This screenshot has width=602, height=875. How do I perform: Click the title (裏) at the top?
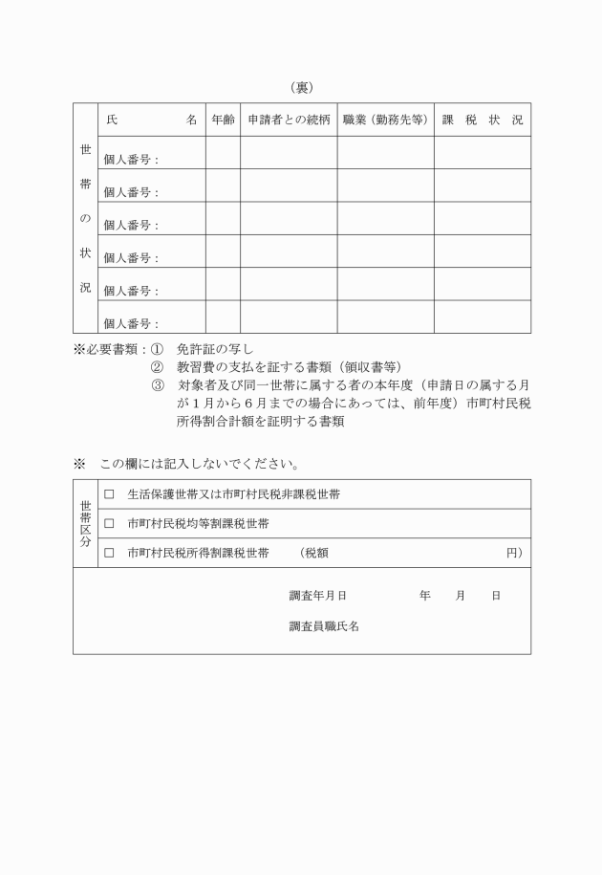tap(301, 88)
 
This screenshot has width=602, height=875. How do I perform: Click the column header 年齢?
tap(223, 120)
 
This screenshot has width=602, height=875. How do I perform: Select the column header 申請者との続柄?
tap(289, 120)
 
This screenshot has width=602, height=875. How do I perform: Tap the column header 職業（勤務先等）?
tap(385, 120)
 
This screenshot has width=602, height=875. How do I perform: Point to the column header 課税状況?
tap(483, 120)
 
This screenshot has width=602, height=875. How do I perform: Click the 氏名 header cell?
tap(152, 120)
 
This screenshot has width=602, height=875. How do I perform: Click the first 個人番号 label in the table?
tap(131, 160)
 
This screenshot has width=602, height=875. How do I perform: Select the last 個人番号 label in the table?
tap(131, 323)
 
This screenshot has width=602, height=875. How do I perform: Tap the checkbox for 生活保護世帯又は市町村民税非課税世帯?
tap(109, 494)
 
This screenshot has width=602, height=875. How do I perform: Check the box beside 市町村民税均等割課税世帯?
tap(109, 524)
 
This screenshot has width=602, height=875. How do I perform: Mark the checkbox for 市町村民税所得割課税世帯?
tap(109, 553)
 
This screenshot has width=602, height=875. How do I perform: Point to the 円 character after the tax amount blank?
tap(513, 553)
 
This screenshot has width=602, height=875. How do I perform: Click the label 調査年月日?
tap(317, 596)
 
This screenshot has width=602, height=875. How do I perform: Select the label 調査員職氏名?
tap(324, 626)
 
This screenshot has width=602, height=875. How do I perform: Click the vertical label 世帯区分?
tap(86, 523)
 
